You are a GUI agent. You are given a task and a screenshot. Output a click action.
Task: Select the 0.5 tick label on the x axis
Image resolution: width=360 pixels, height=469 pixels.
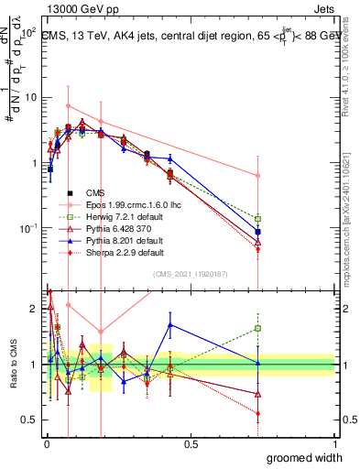tap(191, 444)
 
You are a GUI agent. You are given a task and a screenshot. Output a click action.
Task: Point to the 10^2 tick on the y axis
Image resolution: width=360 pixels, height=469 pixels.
tap(27, 32)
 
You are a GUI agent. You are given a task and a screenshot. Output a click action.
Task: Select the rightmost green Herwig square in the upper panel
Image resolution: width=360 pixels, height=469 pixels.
tap(258, 219)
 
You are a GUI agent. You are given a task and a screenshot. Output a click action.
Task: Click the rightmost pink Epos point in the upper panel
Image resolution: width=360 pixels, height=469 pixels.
tap(258, 175)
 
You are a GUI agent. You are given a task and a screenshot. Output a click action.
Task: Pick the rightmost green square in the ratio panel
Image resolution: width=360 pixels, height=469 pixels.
tap(258, 328)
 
